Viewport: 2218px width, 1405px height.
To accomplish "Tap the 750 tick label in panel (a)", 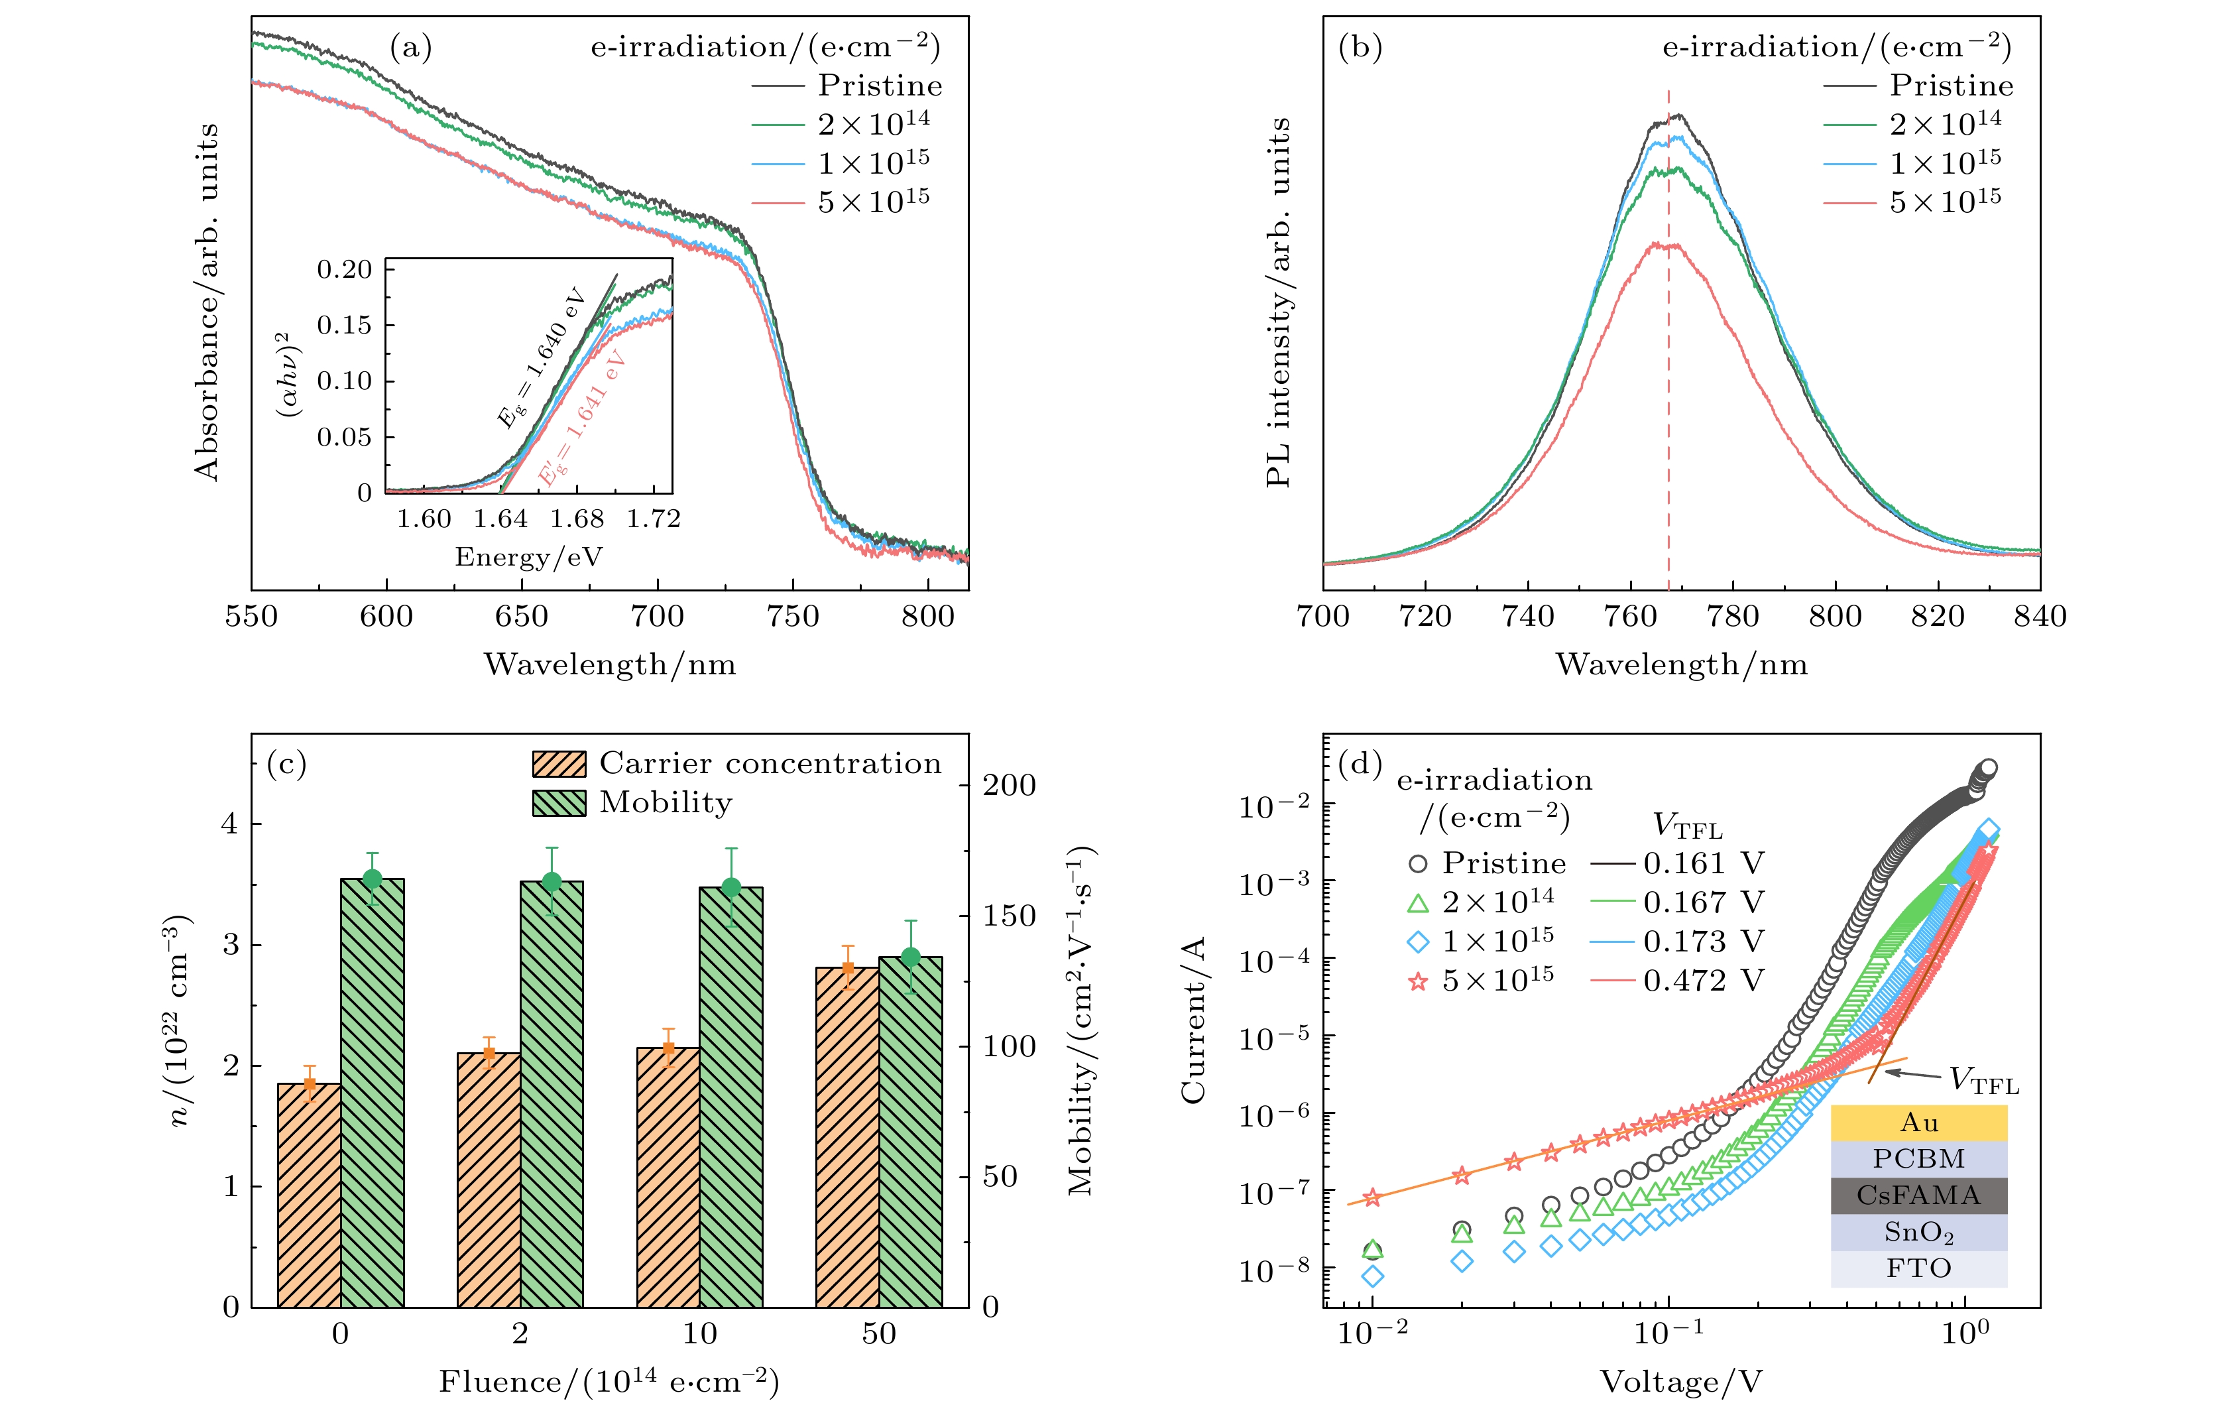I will click(792, 617).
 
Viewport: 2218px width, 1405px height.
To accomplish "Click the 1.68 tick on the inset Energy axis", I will click(577, 519).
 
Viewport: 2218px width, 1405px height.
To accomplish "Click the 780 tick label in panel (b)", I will click(1733, 617).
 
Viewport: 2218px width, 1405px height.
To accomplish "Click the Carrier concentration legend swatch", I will click(559, 764).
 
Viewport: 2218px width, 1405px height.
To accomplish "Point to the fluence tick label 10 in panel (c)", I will click(699, 1333).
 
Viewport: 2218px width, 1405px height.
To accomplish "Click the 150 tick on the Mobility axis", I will click(1009, 916).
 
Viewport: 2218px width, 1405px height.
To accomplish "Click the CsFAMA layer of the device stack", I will click(1918, 1196).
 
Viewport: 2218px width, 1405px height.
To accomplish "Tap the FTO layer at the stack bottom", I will click(1918, 1268).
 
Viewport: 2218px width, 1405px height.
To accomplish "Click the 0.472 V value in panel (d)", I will click(1703, 980).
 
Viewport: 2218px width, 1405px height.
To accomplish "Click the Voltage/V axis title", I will click(1681, 1382).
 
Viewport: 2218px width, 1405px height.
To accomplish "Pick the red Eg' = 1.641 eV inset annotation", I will click(582, 419).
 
